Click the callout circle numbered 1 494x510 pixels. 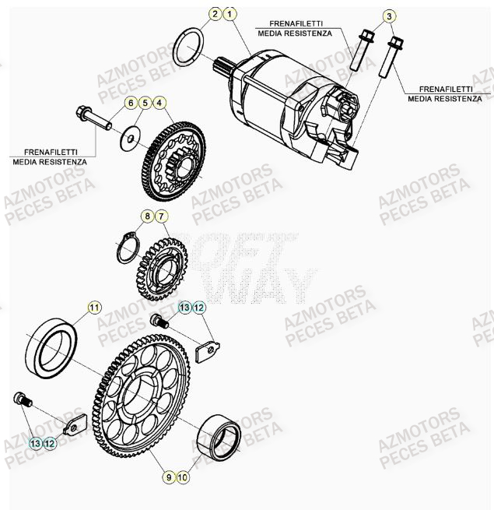point(229,14)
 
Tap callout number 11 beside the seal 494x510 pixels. point(94,308)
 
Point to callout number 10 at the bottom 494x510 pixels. point(183,476)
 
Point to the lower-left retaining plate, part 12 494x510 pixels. point(73,426)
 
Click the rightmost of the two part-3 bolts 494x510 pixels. point(391,59)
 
